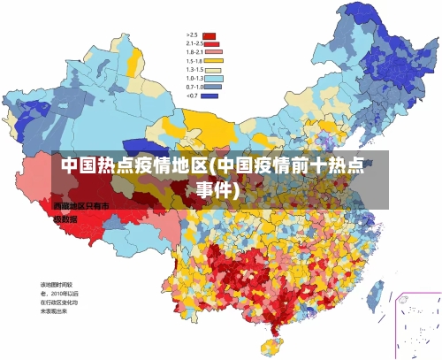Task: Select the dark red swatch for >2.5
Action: coord(210,35)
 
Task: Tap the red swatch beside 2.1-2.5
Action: coord(213,43)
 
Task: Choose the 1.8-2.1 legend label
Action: coord(194,52)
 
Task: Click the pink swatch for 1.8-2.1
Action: coord(213,52)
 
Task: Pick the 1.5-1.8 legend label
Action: coord(194,61)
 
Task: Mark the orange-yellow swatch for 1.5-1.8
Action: coord(213,61)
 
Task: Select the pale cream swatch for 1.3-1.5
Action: coord(213,69)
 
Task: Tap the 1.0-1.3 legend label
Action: coord(194,78)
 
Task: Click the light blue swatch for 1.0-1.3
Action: coord(213,78)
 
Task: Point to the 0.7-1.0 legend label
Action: coord(194,87)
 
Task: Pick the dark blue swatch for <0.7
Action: coord(210,96)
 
